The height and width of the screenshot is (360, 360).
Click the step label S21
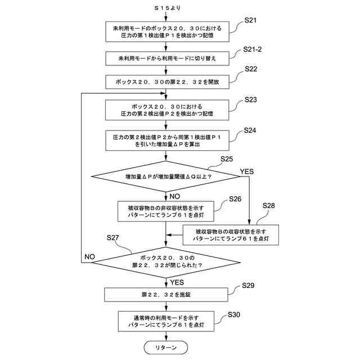250,20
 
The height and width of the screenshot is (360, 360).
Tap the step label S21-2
253,49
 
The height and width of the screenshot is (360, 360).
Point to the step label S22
251,69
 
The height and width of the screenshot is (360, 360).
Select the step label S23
250,100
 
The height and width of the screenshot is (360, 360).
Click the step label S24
250,130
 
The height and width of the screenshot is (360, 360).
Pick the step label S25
227,159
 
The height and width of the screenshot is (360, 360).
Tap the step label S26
235,199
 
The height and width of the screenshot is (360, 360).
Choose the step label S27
112,237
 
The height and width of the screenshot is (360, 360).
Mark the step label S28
268,205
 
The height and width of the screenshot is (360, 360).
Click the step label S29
248,285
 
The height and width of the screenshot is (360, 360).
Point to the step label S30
234,314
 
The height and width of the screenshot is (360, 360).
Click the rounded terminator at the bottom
166,348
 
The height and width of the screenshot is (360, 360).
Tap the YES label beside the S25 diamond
247,172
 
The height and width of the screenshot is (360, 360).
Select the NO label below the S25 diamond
175,196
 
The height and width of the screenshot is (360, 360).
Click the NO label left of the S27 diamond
89,256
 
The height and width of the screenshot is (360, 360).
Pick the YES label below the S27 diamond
177,282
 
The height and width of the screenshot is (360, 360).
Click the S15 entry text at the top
168,8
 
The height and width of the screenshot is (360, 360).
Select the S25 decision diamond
165,177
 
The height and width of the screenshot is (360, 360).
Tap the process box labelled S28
231,235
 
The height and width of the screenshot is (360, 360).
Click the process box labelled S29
166,295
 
